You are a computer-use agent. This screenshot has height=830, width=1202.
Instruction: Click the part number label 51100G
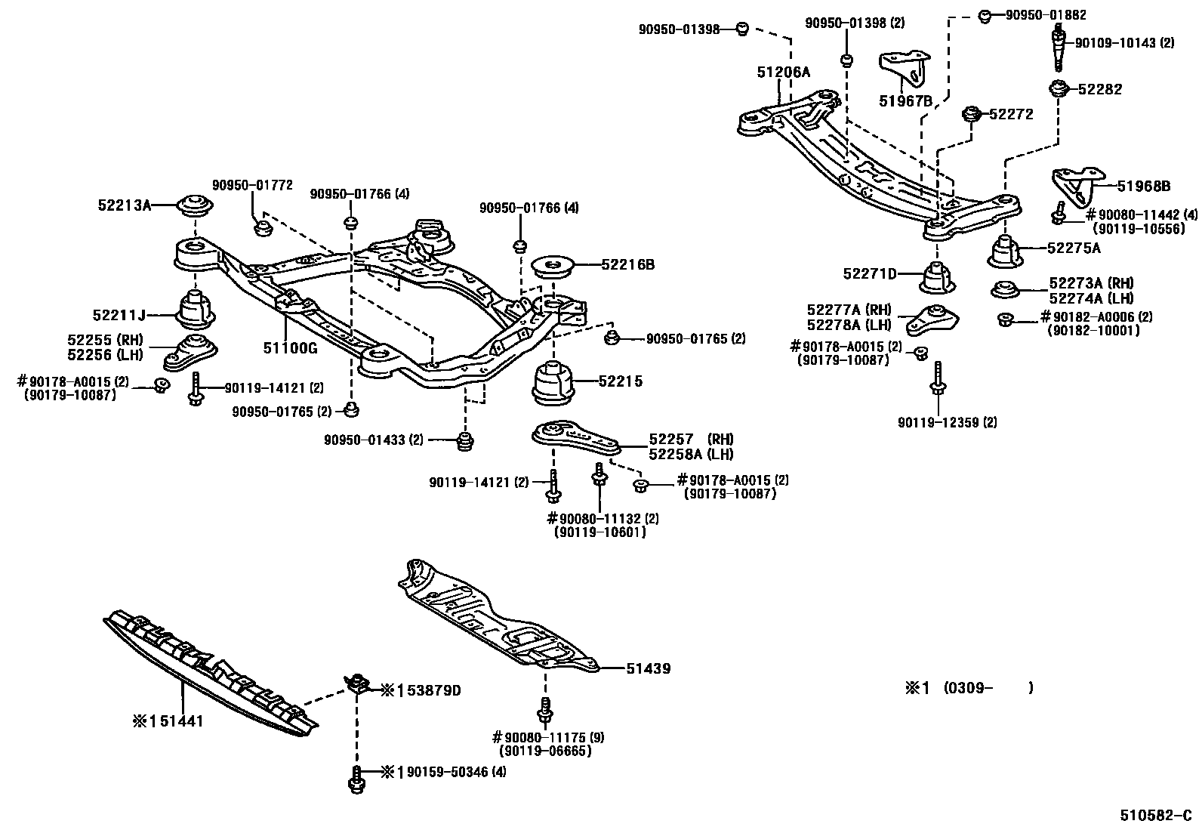(290, 348)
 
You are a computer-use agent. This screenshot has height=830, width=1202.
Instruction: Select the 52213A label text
(124, 204)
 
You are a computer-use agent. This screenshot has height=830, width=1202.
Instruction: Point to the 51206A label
(783, 72)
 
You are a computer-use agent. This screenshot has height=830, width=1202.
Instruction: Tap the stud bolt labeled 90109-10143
(1059, 48)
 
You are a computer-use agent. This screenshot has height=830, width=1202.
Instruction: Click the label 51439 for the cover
(648, 668)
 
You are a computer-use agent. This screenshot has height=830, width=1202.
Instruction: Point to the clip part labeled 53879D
(358, 684)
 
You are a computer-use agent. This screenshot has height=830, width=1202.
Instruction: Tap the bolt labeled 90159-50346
(356, 779)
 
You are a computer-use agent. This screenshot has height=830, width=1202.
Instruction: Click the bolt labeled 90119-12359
(937, 378)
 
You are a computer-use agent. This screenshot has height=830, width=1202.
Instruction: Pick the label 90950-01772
(251, 185)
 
